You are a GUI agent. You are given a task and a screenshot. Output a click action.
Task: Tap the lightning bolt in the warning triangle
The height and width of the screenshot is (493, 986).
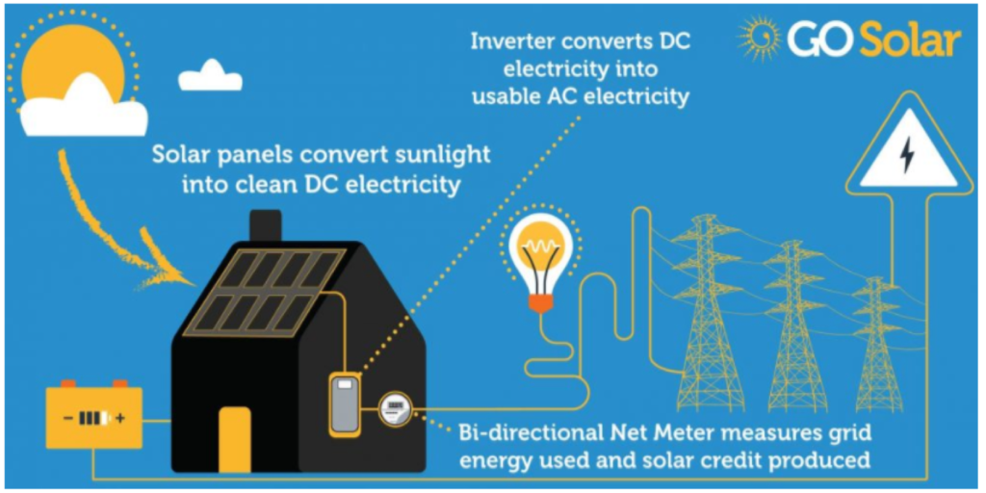pos(906,155)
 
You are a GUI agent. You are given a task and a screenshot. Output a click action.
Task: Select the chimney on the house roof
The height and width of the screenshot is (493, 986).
pos(266,226)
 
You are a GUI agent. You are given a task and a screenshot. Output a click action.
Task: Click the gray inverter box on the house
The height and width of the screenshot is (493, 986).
pos(345,403)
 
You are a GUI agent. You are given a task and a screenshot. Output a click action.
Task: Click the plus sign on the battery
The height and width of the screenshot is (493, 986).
pos(120,418)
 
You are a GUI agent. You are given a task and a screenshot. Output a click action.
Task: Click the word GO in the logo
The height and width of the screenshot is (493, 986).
pos(820,40)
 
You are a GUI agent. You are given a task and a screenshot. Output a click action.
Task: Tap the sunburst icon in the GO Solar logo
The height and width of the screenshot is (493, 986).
pos(759,39)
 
